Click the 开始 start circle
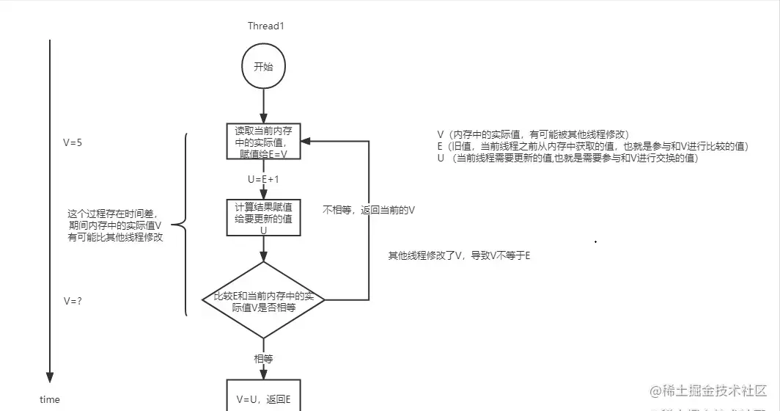(263, 67)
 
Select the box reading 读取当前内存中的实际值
(263, 142)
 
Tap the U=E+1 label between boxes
(263, 178)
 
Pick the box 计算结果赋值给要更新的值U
(263, 217)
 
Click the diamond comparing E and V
(263, 299)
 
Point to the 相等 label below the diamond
(263, 359)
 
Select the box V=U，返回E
(263, 399)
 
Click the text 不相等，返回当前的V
(369, 210)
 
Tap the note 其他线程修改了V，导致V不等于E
(460, 255)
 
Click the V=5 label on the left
(73, 143)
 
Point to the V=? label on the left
(72, 301)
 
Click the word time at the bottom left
(50, 399)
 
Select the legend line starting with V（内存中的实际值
(533, 135)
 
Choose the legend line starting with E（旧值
(592, 147)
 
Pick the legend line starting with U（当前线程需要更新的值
(567, 159)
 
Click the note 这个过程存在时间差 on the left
(114, 225)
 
